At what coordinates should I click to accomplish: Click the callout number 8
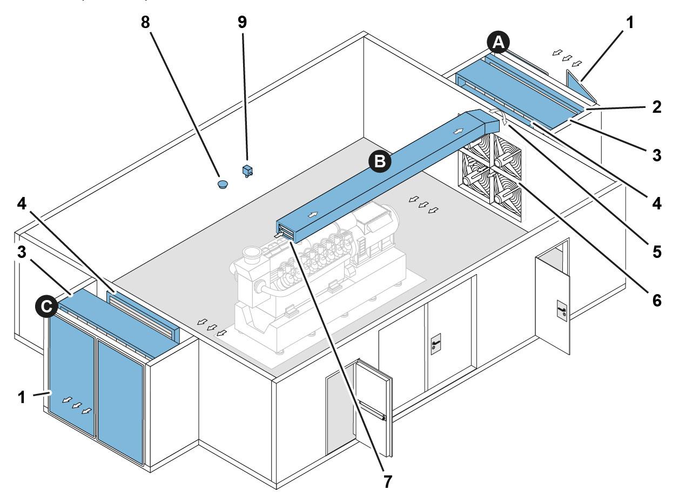[x=145, y=22]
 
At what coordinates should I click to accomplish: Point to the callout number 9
[x=242, y=22]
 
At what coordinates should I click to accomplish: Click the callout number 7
[x=387, y=481]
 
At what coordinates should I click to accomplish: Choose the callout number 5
[x=656, y=251]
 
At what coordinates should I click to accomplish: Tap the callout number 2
[x=656, y=106]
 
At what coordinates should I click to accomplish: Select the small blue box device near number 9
[x=248, y=171]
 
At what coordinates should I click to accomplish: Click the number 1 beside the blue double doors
[x=22, y=397]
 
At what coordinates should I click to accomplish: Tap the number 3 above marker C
[x=22, y=254]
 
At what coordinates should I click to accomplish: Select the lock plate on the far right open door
[x=561, y=311]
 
